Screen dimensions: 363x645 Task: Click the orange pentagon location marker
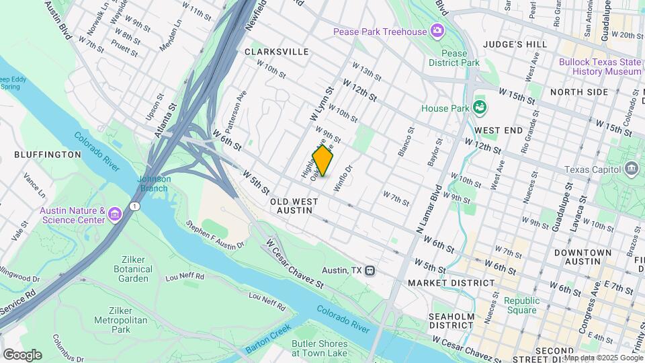pyautogui.click(x=322, y=161)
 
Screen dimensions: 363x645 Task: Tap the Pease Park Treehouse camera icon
pyautogui.click(x=437, y=31)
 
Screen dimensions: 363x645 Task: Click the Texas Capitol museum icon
pyautogui.click(x=632, y=169)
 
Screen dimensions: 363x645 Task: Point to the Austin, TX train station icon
pyautogui.click(x=370, y=270)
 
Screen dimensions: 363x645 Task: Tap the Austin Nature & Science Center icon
pyautogui.click(x=115, y=214)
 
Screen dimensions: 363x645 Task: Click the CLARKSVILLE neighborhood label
pyautogui.click(x=277, y=52)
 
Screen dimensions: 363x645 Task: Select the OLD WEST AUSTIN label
pyautogui.click(x=292, y=206)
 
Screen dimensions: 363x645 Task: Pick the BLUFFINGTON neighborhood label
pyautogui.click(x=48, y=155)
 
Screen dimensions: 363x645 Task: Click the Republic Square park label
pyautogui.click(x=521, y=305)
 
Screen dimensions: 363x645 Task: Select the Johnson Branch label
pyautogui.click(x=155, y=183)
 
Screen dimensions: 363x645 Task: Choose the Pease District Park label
pyautogui.click(x=454, y=58)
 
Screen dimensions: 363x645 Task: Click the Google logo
pyautogui.click(x=22, y=354)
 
